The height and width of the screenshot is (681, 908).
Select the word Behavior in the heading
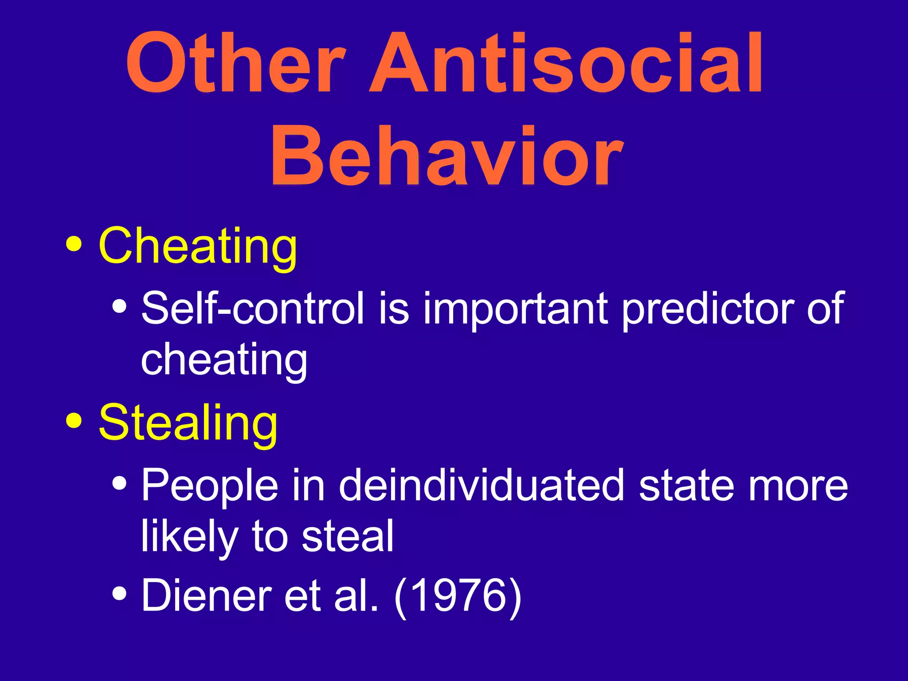click(x=447, y=156)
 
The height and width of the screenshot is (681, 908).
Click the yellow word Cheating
click(x=198, y=247)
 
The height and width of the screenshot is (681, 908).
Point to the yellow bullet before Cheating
click(x=74, y=245)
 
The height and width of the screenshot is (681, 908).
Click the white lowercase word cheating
click(x=224, y=360)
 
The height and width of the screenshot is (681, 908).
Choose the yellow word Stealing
click(x=188, y=423)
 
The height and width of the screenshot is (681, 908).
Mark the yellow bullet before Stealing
click(x=74, y=421)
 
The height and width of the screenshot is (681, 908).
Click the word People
click(x=210, y=486)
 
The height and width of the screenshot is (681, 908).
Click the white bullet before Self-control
click(x=119, y=306)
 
